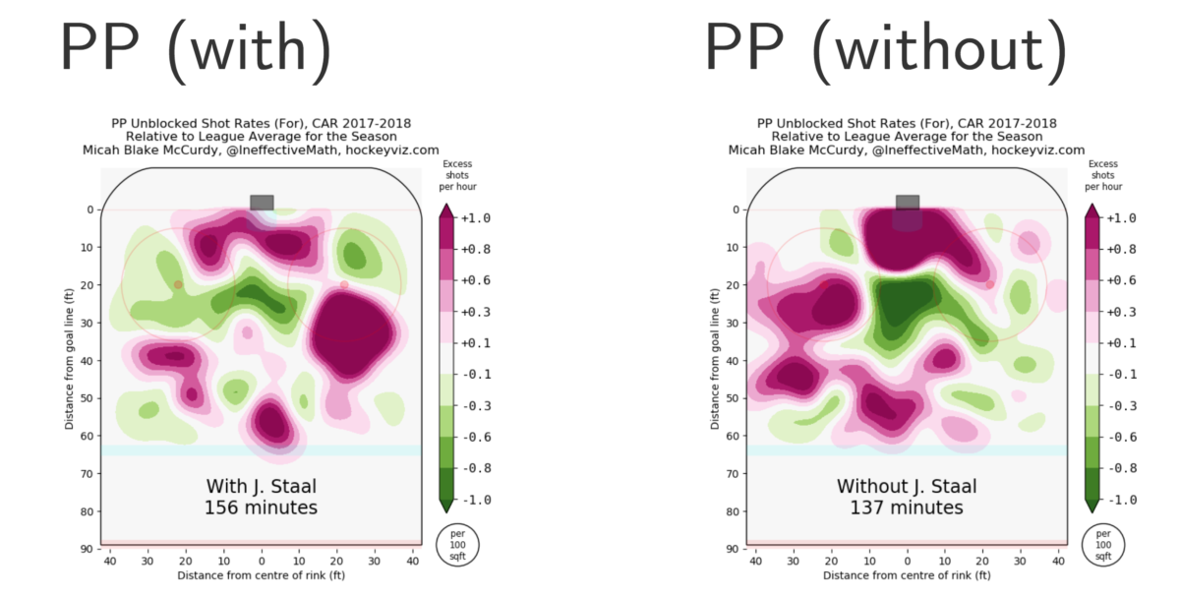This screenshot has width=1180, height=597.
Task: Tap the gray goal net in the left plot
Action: pos(262,202)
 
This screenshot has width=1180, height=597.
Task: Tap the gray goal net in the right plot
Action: pos(908,202)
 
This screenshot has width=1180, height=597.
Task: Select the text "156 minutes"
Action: pos(262,508)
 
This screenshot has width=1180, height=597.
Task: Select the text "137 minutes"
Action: pos(907,508)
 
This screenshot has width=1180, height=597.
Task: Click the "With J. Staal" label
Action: pos(262,487)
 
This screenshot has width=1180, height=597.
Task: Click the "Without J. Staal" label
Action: pos(907,487)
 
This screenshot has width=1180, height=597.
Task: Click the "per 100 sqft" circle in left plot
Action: pos(458,544)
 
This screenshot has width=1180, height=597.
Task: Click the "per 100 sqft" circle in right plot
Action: pos(1103,544)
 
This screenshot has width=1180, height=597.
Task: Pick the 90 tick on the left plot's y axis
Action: pos(87,549)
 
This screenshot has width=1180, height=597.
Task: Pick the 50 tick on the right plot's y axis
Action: pos(733,398)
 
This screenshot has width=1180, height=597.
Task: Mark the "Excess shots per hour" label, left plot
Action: pos(459,175)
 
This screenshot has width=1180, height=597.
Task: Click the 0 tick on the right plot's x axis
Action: pos(908,560)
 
